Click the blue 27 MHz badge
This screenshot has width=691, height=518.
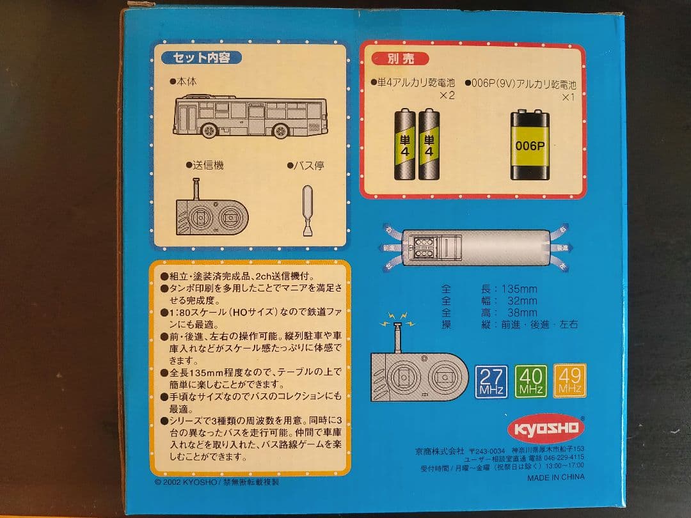(492, 381)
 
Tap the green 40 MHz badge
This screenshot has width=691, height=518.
(530, 381)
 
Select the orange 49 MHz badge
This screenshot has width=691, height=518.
(569, 381)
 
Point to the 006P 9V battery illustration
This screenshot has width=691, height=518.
(530, 146)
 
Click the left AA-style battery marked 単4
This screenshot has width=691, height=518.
(404, 144)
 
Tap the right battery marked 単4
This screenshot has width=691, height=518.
(429, 144)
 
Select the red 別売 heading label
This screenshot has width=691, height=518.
(401, 58)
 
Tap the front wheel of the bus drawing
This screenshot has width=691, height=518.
(209, 131)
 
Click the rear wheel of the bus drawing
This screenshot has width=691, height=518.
(280, 131)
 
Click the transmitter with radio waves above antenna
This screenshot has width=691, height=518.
(419, 374)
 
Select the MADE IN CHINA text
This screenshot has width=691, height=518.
(555, 477)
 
